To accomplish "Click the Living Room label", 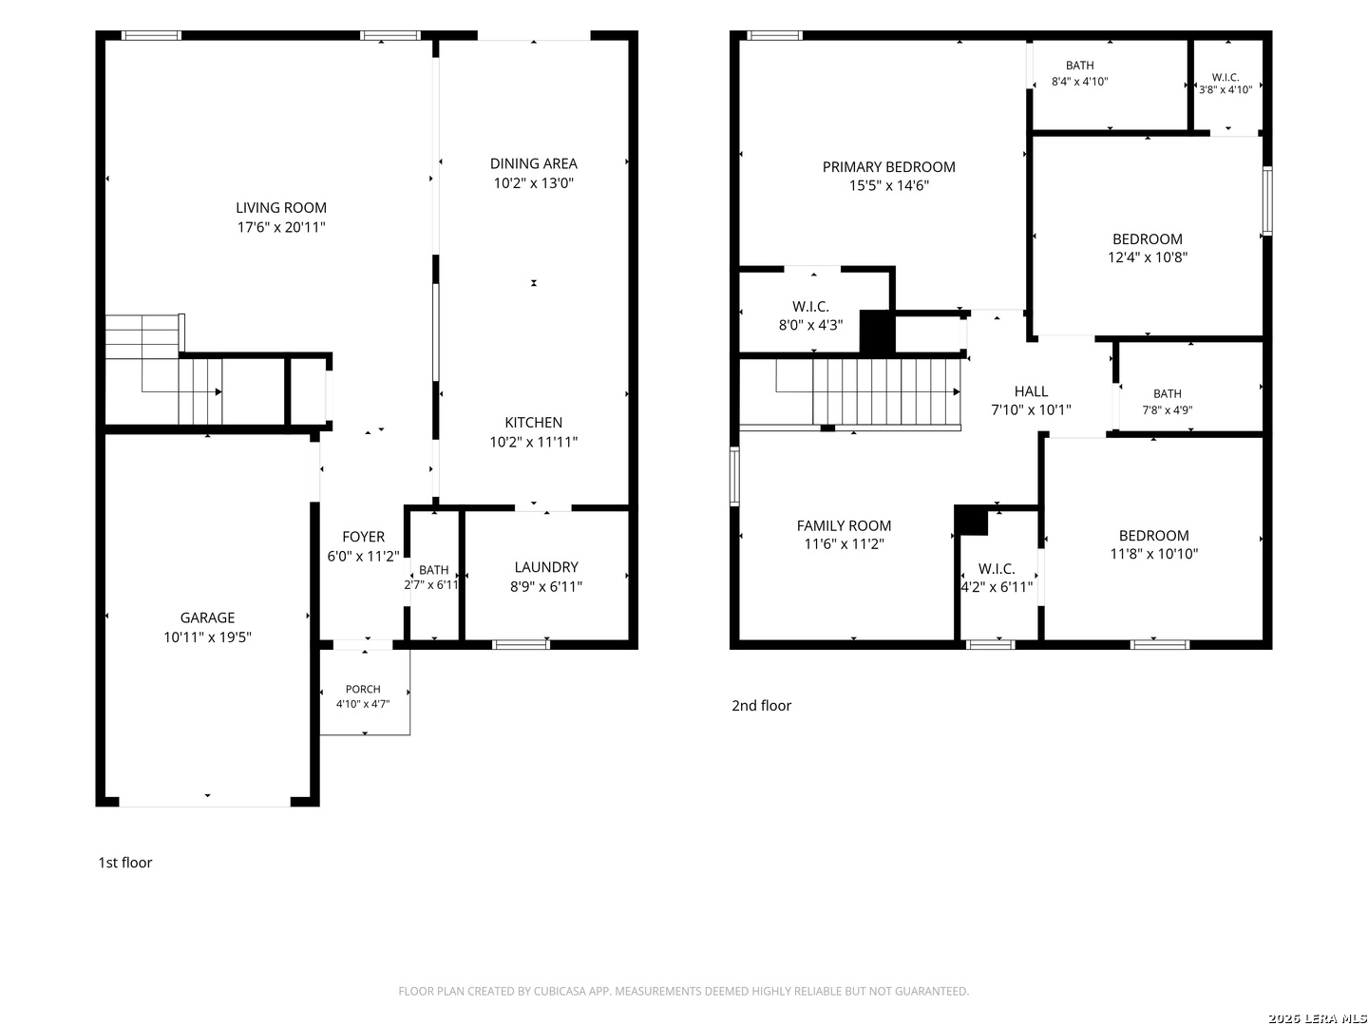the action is click(x=280, y=207).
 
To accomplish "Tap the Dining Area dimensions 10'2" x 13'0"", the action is click(x=533, y=183).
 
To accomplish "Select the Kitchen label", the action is click(x=533, y=423).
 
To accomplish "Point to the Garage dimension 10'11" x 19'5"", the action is click(x=207, y=636).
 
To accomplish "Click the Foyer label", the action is click(x=363, y=537).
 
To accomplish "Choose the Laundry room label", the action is click(x=546, y=567).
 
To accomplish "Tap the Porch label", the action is click(x=363, y=689).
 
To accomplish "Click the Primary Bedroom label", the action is click(x=888, y=167).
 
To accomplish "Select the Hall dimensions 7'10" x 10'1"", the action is click(x=1031, y=409).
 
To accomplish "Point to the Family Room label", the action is click(x=844, y=525).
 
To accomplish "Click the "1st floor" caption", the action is click(x=124, y=863).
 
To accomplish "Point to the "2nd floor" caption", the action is click(x=761, y=705).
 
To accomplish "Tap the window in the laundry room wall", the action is click(x=521, y=644).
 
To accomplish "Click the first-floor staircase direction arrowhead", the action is click(x=218, y=391).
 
